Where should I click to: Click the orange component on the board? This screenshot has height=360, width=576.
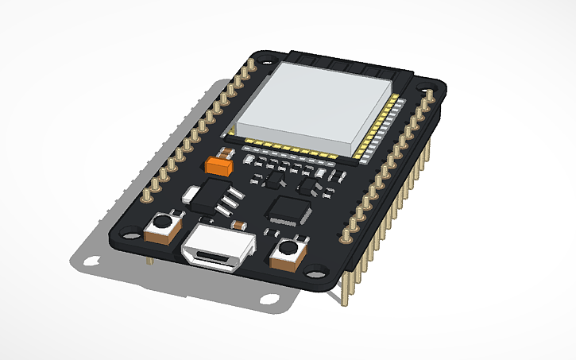pos(218,165)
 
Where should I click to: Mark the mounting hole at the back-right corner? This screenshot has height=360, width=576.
pos(432,92)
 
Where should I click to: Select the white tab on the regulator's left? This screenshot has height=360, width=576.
pos(191,192)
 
